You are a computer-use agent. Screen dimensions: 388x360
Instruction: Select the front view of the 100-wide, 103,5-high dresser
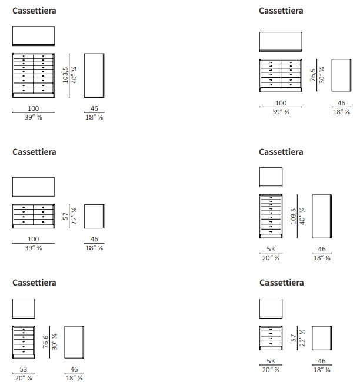34,75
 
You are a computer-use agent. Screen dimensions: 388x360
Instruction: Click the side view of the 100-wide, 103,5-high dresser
94,75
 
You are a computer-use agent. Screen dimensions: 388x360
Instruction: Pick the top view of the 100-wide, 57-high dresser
34,187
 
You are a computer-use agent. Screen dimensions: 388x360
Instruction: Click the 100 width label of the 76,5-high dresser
281,103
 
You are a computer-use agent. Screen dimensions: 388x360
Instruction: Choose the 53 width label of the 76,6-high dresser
24,369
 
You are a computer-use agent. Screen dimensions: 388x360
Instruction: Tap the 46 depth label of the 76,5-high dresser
341,103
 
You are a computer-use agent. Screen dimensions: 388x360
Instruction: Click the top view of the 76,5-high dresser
281,42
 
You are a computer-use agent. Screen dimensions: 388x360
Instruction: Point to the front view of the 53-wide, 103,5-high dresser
271,215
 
